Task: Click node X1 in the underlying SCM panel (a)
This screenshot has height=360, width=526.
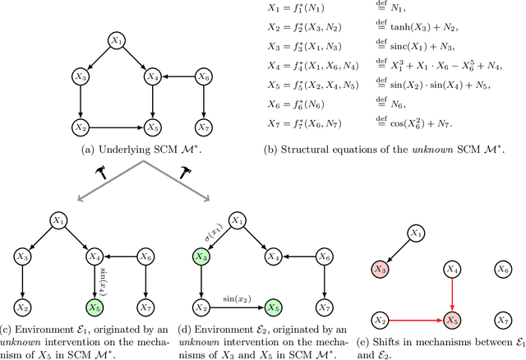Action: tap(117, 40)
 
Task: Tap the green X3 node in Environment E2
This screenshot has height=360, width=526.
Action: tap(199, 256)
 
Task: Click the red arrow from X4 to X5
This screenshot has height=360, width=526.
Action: tap(451, 292)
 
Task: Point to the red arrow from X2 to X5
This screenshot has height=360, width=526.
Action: tap(414, 318)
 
